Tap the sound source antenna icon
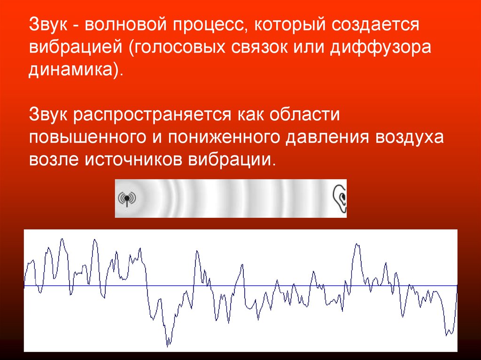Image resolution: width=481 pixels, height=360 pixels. pyautogui.click(x=127, y=199)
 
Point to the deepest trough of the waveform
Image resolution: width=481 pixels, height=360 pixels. pyautogui.click(x=168, y=346)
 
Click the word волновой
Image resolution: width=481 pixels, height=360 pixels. pyautogui.click(x=125, y=24)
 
